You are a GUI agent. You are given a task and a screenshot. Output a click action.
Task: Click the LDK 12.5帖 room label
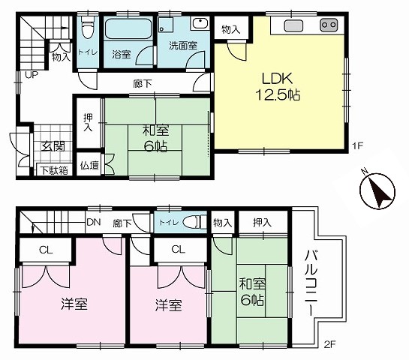pos(278,86)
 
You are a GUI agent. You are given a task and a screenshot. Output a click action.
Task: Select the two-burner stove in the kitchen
pos(329,25)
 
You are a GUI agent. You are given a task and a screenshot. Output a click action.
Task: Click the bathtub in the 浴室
pos(128,28)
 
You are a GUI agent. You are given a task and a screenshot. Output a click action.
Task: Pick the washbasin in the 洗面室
pos(200,24)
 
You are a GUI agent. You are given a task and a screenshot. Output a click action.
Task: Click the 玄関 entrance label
pos(53,146)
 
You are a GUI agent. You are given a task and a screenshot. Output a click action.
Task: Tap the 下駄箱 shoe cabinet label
pos(54,170)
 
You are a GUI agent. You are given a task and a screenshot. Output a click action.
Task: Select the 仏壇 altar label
pos(89,165)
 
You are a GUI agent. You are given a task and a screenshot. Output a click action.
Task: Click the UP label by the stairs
pos(32,75)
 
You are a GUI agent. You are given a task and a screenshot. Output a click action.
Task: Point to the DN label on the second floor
pos(94,222)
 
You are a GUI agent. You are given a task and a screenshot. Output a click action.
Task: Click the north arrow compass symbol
pos(377,190)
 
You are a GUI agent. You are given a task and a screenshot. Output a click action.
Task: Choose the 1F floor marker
pos(358,145)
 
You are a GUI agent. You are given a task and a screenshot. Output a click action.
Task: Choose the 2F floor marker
pos(329,345)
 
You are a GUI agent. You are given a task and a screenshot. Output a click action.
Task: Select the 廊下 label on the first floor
pos(143,84)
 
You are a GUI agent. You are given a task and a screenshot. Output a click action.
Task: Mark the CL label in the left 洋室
pos(46,250)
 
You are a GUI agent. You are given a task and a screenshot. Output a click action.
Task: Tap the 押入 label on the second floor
pos(262,222)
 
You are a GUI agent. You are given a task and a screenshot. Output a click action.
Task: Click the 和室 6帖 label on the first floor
pos(156,139)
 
